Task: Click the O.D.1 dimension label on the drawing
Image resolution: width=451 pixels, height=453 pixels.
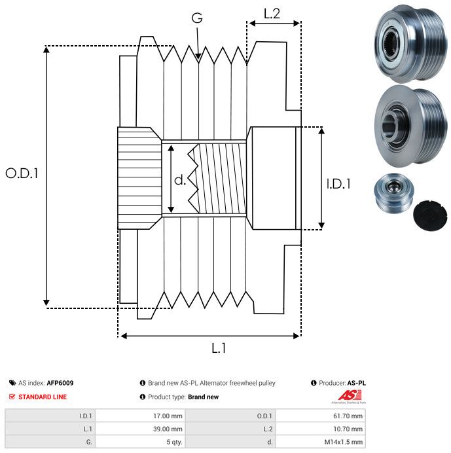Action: (x=22, y=173)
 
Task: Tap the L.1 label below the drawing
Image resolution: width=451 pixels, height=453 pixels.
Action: (x=219, y=348)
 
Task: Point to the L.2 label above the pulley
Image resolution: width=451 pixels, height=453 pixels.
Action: (x=272, y=13)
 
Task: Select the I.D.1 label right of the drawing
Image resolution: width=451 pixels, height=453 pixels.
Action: (x=338, y=184)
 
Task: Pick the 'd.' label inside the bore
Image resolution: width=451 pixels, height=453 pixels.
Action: (x=180, y=179)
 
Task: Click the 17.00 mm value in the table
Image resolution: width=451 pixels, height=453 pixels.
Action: (x=168, y=415)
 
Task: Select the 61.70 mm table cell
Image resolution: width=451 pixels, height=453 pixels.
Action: (x=348, y=415)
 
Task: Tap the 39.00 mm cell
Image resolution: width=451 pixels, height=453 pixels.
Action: (x=168, y=429)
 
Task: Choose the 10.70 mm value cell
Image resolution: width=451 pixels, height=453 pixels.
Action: (x=348, y=429)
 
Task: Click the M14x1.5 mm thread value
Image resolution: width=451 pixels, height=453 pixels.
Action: (x=343, y=443)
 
